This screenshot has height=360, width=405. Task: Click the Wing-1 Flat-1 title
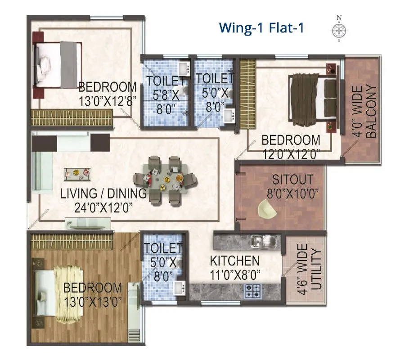[261, 28]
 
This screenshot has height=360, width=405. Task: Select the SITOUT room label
[292, 180]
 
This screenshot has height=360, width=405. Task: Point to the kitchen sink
[263, 241]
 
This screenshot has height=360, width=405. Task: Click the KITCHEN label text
[235, 261]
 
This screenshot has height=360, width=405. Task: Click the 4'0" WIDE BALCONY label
[364, 111]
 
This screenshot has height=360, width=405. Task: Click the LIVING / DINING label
[103, 194]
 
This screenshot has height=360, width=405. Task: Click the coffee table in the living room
[76, 171]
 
